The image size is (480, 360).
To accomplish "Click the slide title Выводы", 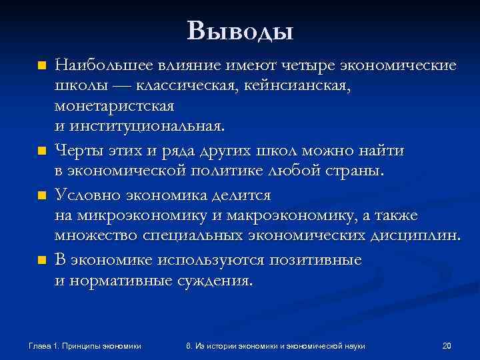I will pos(240,30).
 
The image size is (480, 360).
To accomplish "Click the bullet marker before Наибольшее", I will pos(42,66).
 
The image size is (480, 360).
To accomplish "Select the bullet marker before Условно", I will pos(42,196).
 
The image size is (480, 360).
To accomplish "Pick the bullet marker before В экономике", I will pos(42,260).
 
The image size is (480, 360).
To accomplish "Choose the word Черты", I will pos(79,151).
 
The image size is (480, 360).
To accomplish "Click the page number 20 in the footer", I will pos(447,345).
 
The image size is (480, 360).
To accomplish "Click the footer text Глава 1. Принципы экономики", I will pos(85,345).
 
